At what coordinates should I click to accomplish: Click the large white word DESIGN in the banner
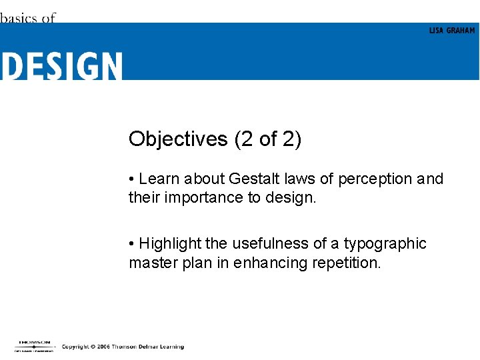coord(61,66)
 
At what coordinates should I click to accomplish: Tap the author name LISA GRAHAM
coord(452,31)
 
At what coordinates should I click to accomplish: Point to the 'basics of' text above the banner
coord(27,18)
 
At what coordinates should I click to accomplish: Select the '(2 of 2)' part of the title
coord(267,139)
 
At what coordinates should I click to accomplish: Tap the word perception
coord(375,179)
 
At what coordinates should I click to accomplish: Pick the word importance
coord(207,198)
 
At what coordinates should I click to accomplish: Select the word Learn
coord(159,179)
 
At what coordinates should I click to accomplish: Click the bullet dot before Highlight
coord(133,244)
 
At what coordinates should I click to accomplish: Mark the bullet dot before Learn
coord(133,179)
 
